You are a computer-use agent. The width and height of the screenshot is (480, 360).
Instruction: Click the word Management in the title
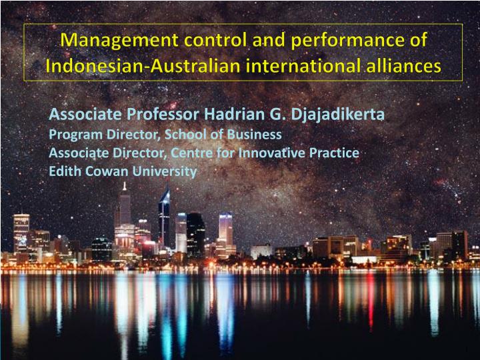119,41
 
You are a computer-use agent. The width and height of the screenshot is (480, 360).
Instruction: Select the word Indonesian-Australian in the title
143,66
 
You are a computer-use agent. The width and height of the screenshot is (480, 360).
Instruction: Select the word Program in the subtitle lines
75,135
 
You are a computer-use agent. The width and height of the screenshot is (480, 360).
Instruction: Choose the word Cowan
107,171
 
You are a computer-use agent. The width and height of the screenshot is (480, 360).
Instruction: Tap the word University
165,172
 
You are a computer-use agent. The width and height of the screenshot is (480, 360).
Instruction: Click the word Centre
192,153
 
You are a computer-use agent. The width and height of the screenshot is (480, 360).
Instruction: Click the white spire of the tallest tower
124,187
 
